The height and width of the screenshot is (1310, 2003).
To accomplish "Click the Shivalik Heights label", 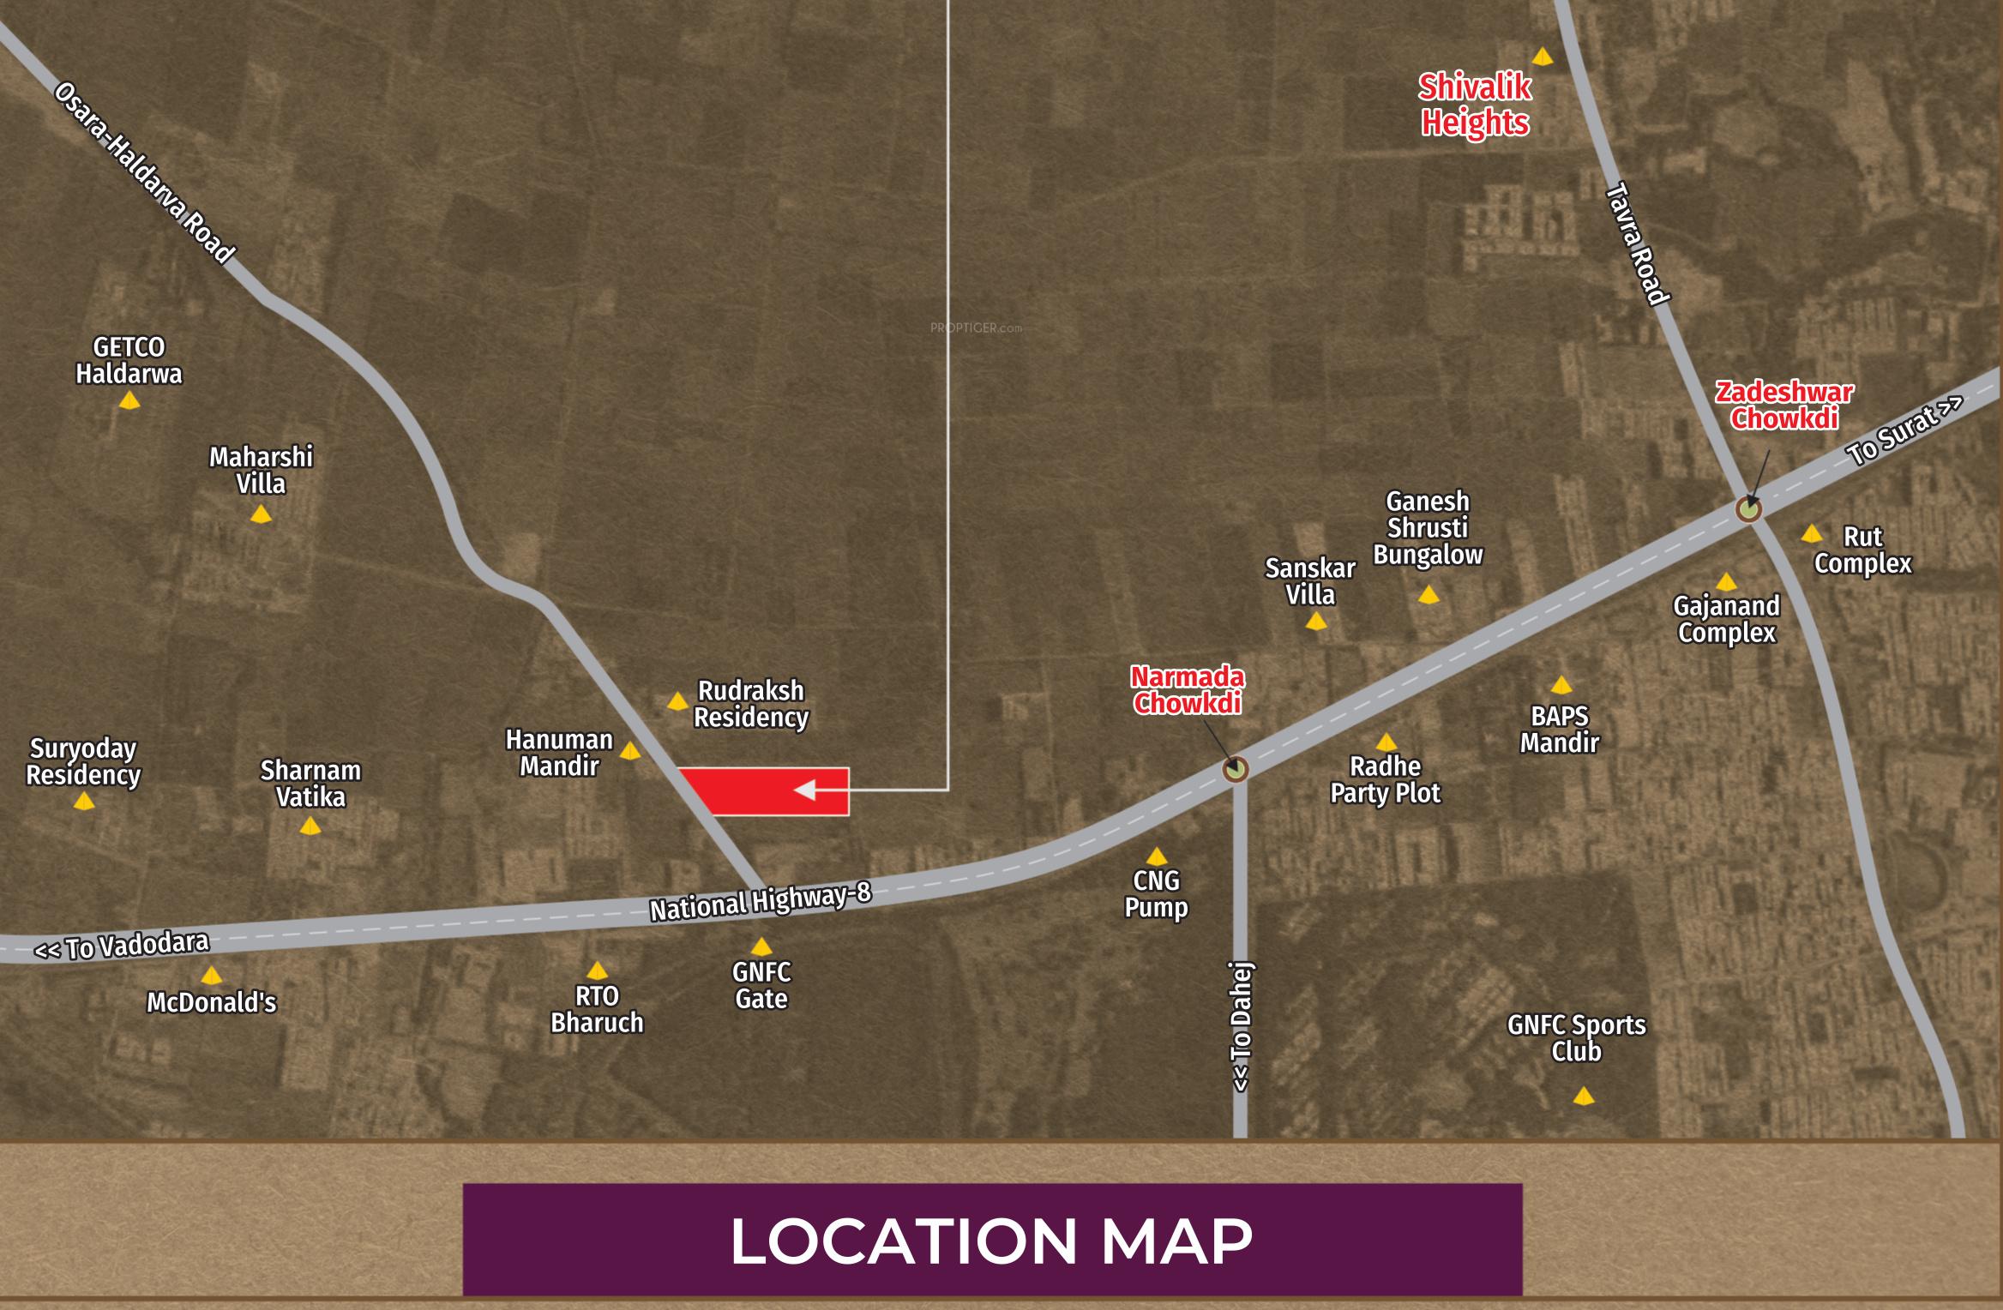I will pyautogui.click(x=1475, y=105).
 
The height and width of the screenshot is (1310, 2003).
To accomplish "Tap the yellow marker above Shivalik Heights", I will pyautogui.click(x=1542, y=57).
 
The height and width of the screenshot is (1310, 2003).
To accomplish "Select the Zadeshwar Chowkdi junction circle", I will pyautogui.click(x=1748, y=509).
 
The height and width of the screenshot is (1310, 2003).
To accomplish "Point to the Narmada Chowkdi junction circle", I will pyautogui.click(x=1235, y=769).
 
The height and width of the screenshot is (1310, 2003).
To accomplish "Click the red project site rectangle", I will pyautogui.click(x=755, y=791).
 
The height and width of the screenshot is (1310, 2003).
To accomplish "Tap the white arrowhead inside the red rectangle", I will pyautogui.click(x=805, y=790).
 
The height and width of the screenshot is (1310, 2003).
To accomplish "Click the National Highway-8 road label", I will pyautogui.click(x=760, y=901).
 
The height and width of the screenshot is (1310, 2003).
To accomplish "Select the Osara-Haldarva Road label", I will pyautogui.click(x=144, y=173).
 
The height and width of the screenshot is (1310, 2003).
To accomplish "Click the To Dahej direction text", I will pyautogui.click(x=1242, y=1027).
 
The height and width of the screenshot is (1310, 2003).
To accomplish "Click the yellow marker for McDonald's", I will pyautogui.click(x=211, y=976).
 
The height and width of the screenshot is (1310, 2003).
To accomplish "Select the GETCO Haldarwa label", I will pyautogui.click(x=129, y=361).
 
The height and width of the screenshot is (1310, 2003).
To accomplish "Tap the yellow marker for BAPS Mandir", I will pyautogui.click(x=1561, y=685).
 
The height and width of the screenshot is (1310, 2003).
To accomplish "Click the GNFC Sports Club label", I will pyautogui.click(x=1577, y=1037).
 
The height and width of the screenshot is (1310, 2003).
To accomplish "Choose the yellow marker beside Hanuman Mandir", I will pyautogui.click(x=629, y=751).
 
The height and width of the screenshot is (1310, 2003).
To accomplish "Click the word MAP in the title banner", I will pyautogui.click(x=1176, y=1241).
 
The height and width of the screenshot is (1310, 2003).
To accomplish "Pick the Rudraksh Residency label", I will pyautogui.click(x=750, y=704).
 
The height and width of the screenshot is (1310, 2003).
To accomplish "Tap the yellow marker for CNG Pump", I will pyautogui.click(x=1156, y=856).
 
